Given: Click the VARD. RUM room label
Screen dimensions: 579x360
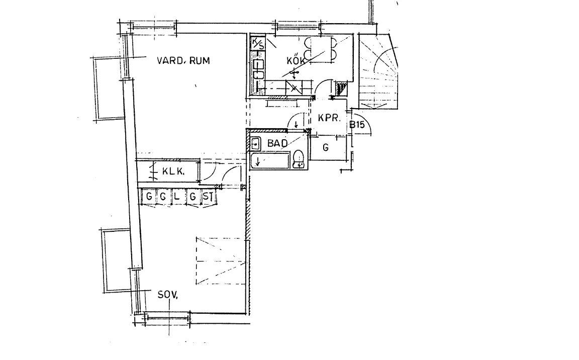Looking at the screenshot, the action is tap(183, 60).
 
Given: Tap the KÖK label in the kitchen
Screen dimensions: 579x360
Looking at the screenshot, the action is tap(296, 61).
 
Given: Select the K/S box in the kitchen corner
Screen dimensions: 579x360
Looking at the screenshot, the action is tap(258, 44).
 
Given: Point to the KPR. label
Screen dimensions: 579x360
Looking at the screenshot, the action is tap(329, 118).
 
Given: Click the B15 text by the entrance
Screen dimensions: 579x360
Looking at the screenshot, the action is tap(357, 124).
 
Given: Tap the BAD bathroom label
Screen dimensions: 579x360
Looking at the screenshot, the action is tap(277, 143).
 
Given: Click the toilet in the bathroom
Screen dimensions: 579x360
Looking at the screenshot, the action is tap(299, 159).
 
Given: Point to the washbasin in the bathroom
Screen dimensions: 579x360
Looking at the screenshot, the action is tap(255, 143).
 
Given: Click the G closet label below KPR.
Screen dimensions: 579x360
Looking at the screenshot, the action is tap(326, 148).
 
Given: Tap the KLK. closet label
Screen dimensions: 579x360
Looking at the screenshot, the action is tap(173, 171).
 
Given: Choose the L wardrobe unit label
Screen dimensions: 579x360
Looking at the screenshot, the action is tap(177, 196).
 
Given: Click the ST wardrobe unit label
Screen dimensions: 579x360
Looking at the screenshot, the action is tap(208, 197).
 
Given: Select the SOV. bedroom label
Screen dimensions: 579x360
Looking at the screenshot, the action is tap(168, 295).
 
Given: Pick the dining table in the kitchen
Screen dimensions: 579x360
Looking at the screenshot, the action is tap(321, 49).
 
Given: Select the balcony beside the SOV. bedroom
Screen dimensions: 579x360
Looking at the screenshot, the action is tap(117, 260).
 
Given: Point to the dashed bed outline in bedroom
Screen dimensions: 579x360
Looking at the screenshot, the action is tap(221, 261).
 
